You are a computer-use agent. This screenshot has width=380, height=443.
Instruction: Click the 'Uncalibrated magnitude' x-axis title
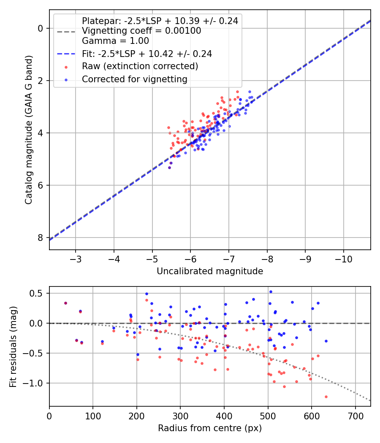(210, 271)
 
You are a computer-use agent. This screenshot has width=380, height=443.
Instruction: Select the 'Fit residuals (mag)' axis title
(13, 347)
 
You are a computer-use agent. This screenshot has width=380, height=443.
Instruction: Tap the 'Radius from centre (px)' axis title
(210, 428)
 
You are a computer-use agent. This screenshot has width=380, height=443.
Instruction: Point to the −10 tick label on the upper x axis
(344, 259)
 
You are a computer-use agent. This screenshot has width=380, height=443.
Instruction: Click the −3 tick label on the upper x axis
(76, 259)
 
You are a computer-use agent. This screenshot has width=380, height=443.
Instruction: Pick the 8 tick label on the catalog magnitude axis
(41, 238)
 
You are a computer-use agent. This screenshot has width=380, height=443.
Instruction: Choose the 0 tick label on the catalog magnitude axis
(41, 29)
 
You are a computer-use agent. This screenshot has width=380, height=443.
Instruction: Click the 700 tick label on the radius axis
(355, 416)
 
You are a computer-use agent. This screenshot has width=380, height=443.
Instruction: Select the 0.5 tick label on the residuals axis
(36, 293)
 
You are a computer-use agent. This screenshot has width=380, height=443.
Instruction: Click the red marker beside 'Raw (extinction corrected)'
(66, 67)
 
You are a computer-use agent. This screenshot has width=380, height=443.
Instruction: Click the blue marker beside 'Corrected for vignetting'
(66, 80)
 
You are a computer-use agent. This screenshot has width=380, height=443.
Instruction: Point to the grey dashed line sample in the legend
(66, 32)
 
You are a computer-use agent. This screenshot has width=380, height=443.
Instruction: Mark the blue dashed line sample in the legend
(66, 54)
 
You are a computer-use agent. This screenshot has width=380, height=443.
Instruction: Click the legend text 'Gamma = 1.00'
(115, 41)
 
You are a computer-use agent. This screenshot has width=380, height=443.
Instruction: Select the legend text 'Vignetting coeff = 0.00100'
(141, 31)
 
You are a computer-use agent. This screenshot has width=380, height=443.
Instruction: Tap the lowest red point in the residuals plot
(326, 397)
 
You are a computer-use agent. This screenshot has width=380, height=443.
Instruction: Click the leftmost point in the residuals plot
(65, 303)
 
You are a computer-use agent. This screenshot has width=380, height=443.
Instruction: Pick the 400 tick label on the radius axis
(224, 416)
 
